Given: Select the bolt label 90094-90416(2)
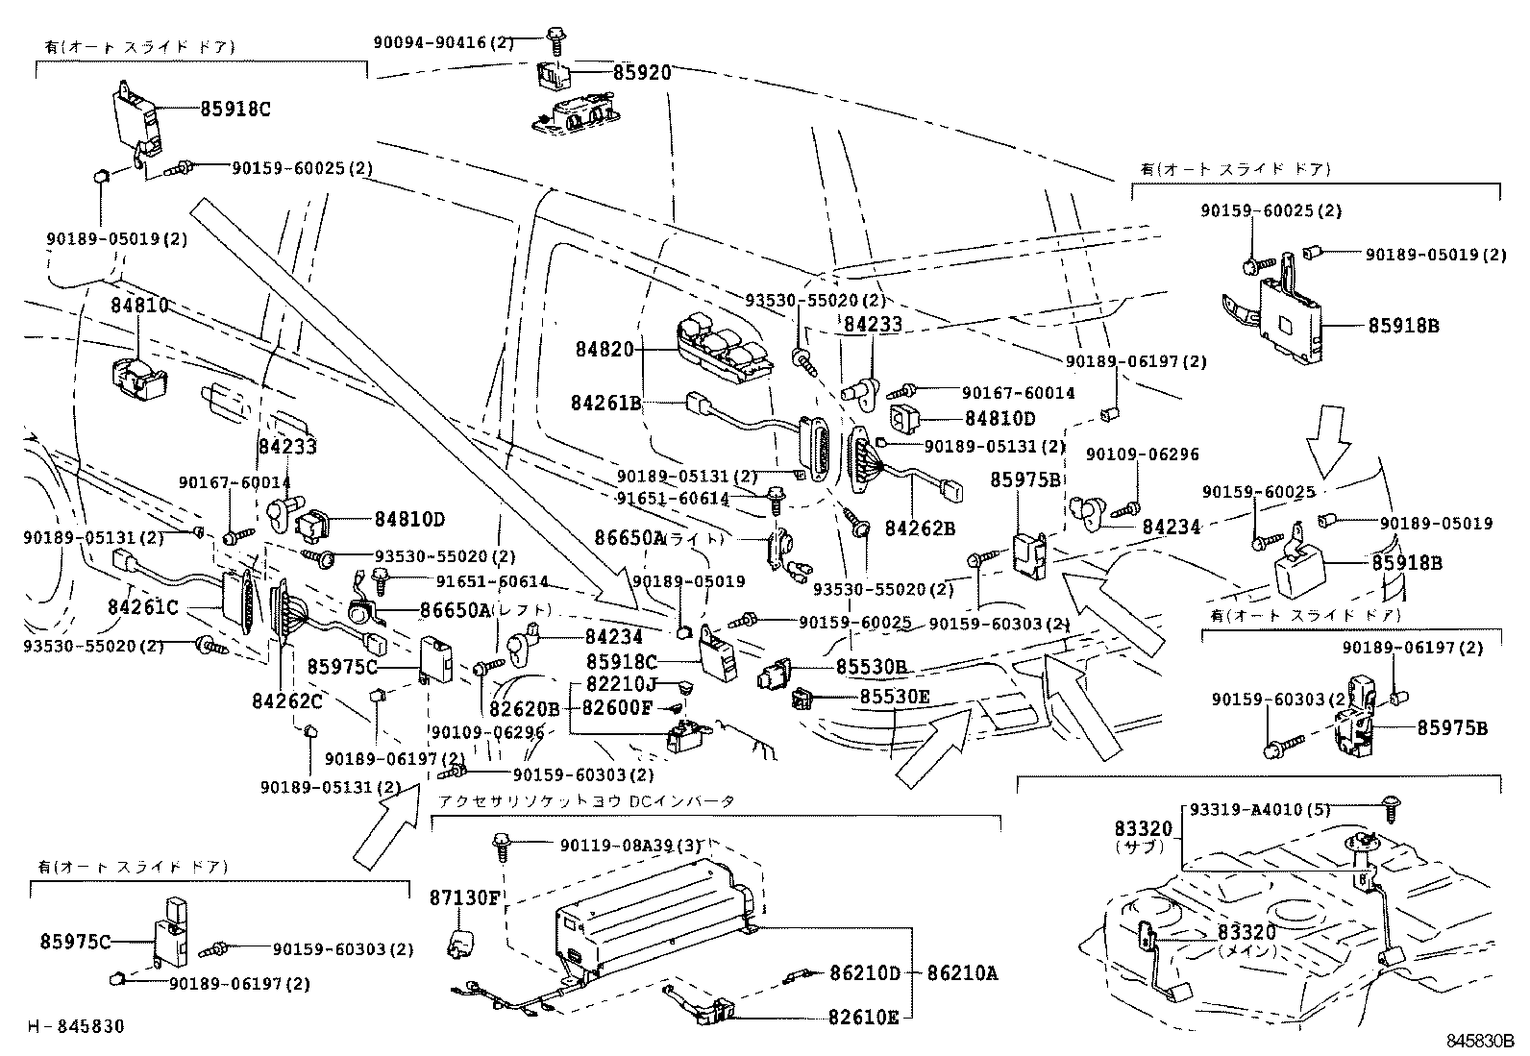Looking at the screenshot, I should click(x=444, y=42).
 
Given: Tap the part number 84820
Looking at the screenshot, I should click(x=605, y=349).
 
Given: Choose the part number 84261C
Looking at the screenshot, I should click(x=143, y=607).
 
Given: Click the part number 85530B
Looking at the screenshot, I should click(x=871, y=666).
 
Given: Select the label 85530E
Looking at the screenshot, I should click(x=895, y=697).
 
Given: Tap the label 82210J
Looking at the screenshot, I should click(x=622, y=684).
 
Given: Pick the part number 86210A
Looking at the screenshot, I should click(x=962, y=973).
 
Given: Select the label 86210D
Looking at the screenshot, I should click(x=865, y=973).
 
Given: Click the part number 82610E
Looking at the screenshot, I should click(x=863, y=1017).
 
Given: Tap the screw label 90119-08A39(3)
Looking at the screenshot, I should click(x=630, y=845).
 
